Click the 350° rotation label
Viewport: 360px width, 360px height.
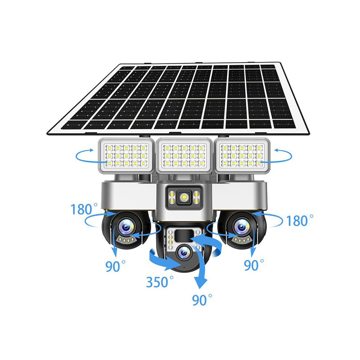[x=159, y=282]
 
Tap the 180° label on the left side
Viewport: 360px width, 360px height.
[x=84, y=209]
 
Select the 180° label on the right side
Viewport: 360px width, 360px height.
[x=300, y=220]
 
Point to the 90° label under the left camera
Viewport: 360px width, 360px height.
[x=115, y=266]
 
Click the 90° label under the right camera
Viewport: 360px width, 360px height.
[x=254, y=265]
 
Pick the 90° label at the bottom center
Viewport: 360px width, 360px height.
[x=202, y=300]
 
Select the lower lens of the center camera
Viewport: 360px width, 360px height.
[x=184, y=253]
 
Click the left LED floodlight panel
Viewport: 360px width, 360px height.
[x=126, y=156]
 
